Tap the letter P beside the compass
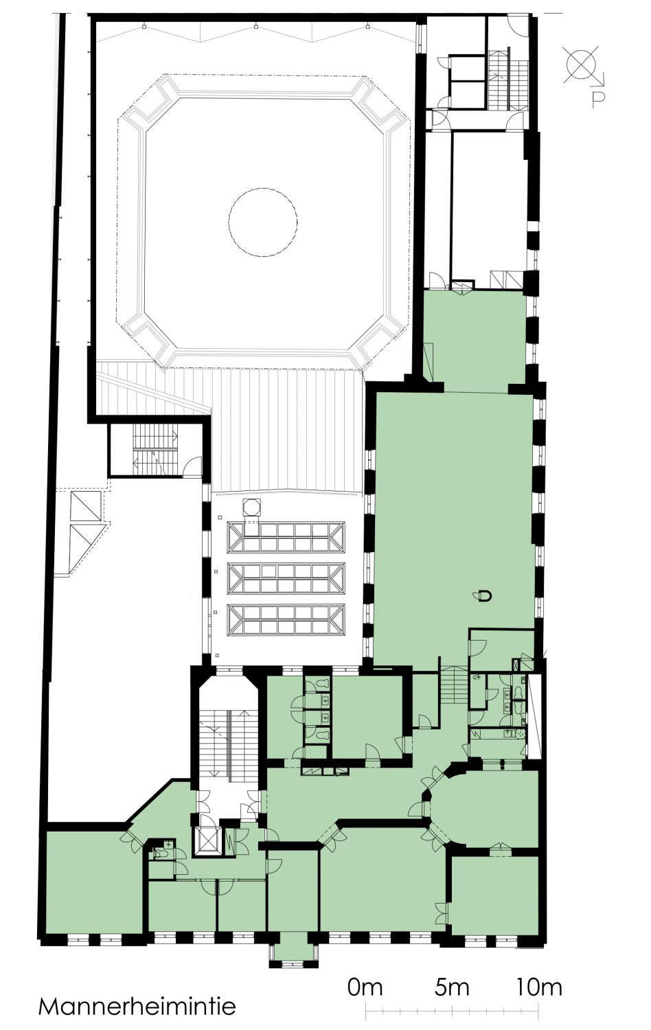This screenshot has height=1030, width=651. click(597, 100)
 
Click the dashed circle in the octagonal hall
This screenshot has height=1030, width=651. click(263, 222)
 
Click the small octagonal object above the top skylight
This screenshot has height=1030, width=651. click(251, 506)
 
